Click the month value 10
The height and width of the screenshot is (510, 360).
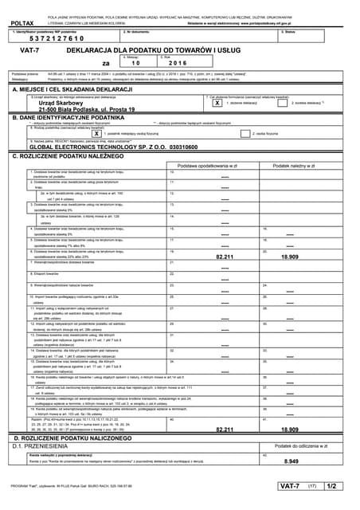click(x=135, y=62)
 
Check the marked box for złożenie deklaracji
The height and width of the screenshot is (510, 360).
click(x=217, y=103)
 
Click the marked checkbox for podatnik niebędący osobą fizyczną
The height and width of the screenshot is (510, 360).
click(x=96, y=133)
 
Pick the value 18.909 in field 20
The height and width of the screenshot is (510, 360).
click(x=292, y=257)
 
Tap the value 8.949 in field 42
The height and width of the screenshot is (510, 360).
click(x=292, y=461)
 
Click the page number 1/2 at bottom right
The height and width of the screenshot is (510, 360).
click(x=332, y=485)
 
